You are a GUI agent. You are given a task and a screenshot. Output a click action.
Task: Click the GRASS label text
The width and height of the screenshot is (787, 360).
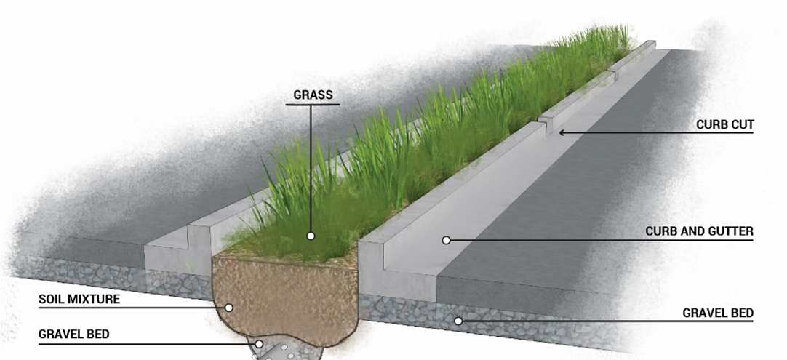tap(313, 95)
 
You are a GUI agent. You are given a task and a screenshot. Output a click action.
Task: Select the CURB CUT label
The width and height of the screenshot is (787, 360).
tap(724, 125)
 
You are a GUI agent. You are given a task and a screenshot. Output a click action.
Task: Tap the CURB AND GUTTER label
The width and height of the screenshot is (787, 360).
tap(699, 232)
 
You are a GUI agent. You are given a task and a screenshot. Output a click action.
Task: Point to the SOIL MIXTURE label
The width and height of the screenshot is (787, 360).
tap(80, 299)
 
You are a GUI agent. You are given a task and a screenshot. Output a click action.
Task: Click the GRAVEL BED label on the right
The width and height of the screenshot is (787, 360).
tap(717, 313)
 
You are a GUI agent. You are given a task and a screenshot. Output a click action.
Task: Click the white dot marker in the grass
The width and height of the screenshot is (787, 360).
tap(311, 236)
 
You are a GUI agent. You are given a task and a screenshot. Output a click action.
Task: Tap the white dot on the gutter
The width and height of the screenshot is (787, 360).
tap(447, 240)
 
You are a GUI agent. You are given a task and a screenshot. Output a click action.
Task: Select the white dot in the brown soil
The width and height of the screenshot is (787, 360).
tap(228, 308)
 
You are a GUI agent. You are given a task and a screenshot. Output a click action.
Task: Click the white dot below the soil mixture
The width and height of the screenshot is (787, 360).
tap(258, 344)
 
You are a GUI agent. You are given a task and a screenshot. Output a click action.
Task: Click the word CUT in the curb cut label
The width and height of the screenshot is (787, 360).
tap(742, 125)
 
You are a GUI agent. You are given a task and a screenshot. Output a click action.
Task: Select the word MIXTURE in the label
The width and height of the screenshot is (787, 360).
tap(96, 299)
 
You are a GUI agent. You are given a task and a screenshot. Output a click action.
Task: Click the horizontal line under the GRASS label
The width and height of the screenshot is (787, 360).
tap(313, 105)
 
